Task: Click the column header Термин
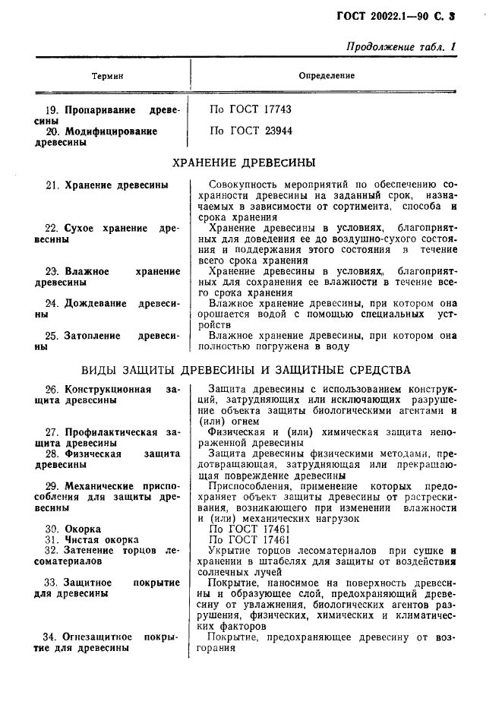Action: click(107, 76)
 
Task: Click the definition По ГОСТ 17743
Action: click(251, 109)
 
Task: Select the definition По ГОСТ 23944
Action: click(251, 131)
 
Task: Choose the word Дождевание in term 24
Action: click(95, 302)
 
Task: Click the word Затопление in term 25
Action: click(95, 334)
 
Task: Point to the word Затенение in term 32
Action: click(94, 549)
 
